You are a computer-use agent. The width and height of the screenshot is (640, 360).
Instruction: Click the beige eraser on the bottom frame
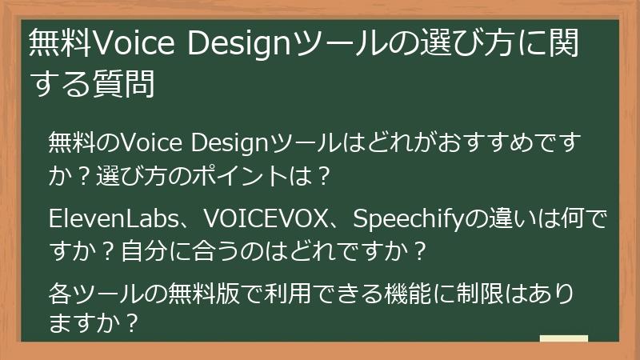point(563,340)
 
